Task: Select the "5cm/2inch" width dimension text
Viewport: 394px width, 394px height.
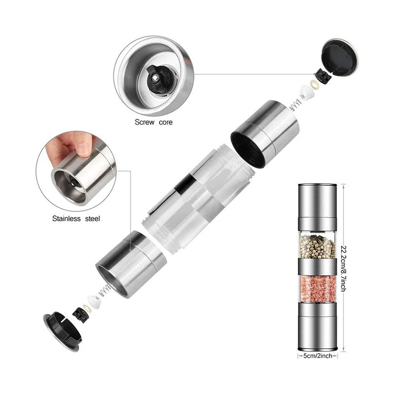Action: coord(318,354)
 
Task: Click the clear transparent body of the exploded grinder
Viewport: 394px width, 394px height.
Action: coord(197,197)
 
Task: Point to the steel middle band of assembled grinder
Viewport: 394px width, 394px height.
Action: coord(318,267)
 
